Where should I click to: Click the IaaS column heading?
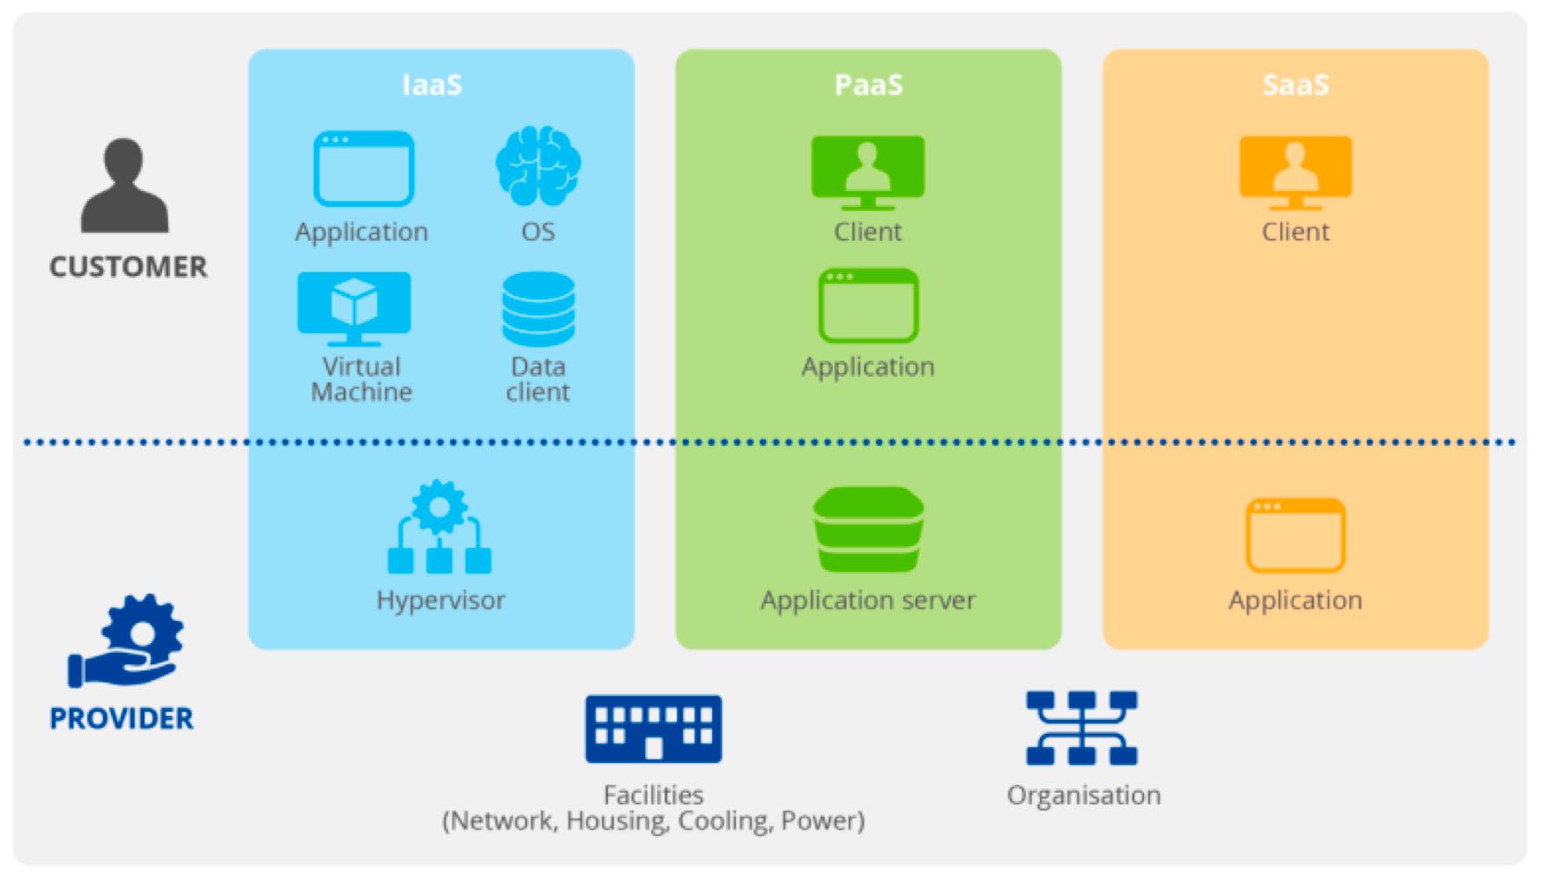[x=432, y=85]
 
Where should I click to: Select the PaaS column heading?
[x=868, y=85]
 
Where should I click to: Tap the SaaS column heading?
[x=1295, y=85]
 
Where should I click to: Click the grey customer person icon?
[x=124, y=186]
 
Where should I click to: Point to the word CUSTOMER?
[x=128, y=267]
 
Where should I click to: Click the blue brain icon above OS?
[x=538, y=166]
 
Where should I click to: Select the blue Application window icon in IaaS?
[x=363, y=168]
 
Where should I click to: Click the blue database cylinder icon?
[x=538, y=308]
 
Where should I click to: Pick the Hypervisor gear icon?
[x=440, y=527]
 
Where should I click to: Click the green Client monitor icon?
[x=868, y=172]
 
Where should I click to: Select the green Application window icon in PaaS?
[x=868, y=306]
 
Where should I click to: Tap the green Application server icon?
[x=868, y=529]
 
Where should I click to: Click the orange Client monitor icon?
[x=1295, y=172]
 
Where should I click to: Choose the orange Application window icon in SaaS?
[x=1295, y=535]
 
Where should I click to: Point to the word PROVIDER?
[x=122, y=719]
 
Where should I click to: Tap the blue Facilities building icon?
[x=653, y=729]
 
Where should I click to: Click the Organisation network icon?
[x=1082, y=728]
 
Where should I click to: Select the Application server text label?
[x=868, y=601]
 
